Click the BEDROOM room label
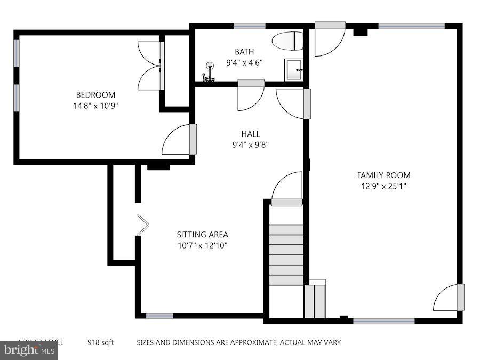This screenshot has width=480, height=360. tap(95, 95)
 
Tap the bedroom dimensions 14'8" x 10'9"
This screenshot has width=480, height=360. tap(95, 106)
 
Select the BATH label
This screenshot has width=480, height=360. tap(244, 52)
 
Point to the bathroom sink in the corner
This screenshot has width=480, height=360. tap(294, 70)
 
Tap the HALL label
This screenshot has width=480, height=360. tap(250, 134)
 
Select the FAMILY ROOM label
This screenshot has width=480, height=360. tap(383, 175)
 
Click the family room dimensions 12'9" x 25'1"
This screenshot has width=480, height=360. tap(383, 186)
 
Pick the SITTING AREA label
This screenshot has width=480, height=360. tap(202, 235)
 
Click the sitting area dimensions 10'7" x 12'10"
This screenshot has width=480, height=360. tap(202, 245)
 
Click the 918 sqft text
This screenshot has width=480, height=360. tap(101, 342)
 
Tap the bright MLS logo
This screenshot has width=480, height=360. tap(29, 350)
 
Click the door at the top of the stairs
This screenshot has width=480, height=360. tap(287, 189)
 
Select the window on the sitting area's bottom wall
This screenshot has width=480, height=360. tap(159, 316)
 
